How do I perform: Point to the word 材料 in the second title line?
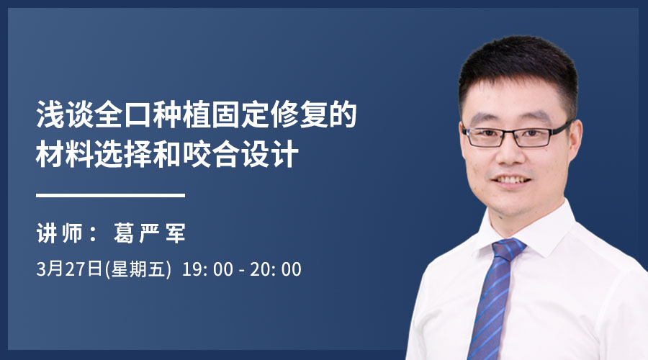pos(65,154)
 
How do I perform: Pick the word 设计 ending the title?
pos(270,154)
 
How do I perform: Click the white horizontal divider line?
pos(110,195)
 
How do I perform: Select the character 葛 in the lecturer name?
pos(124,233)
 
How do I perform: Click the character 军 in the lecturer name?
pos(175,233)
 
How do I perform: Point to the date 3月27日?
pos(69,269)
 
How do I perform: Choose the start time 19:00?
pos(207,269)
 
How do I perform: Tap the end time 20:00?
pos(276,269)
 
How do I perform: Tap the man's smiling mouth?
pos(510,180)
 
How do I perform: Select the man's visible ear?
pos(574,141)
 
